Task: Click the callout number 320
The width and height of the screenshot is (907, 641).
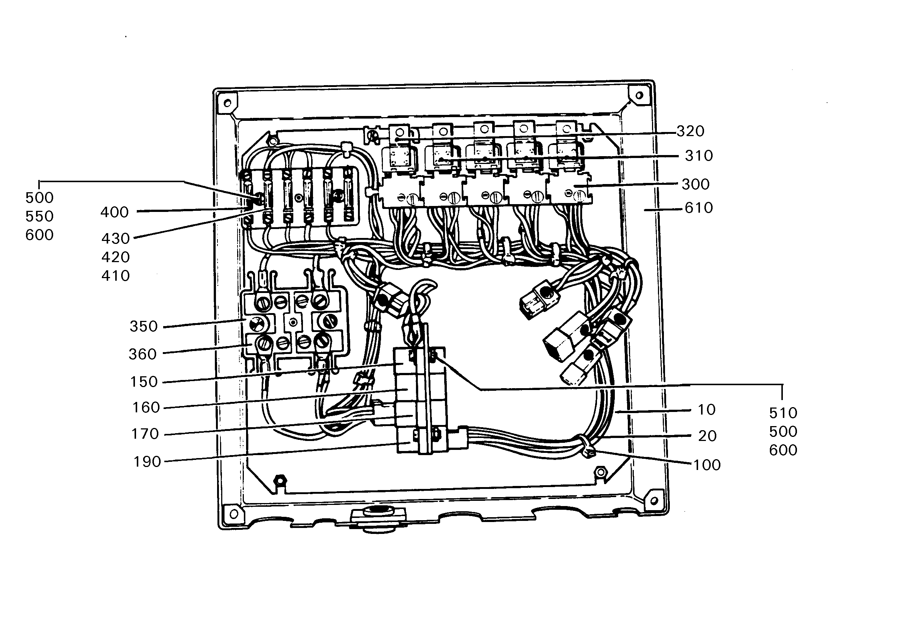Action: coord(690,131)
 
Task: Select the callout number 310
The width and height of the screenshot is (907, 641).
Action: coord(699,156)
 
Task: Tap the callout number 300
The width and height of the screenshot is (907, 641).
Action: coord(695,184)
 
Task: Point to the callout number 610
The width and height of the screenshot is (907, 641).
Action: coord(698,208)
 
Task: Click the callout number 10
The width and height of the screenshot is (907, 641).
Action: coord(707,410)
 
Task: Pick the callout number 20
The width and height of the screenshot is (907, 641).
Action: coord(707,436)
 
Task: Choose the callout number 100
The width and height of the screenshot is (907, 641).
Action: coord(707,465)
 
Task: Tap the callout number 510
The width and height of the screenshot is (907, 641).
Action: coord(783,413)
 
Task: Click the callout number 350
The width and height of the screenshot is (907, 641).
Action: coord(144,326)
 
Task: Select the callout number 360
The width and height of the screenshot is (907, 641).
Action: coord(143,354)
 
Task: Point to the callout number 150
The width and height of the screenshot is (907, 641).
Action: coord(144,382)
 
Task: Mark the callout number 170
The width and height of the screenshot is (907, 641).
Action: coord(145,434)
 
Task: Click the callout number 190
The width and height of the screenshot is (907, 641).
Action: coord(147,461)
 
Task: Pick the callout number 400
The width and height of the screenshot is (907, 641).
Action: coord(114,212)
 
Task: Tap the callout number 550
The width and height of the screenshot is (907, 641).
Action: coord(39,216)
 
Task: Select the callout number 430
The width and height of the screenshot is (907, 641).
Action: coord(115,238)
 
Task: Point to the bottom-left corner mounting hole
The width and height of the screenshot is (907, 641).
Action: coord(233,514)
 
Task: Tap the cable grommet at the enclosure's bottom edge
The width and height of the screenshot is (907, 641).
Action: coord(378,518)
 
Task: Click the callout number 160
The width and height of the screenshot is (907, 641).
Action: coord(146,408)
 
